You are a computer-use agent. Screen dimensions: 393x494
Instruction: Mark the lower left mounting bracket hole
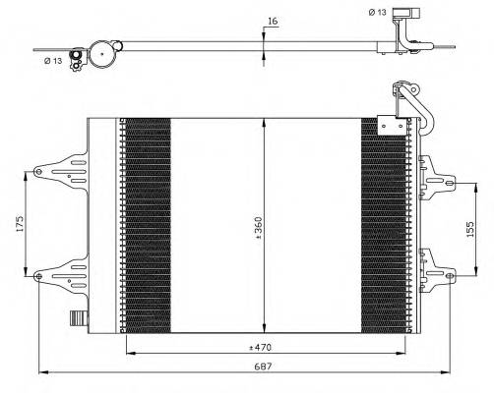38,277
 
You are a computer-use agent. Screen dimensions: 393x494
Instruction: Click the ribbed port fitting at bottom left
76,319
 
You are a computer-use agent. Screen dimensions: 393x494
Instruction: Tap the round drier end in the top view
102,54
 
